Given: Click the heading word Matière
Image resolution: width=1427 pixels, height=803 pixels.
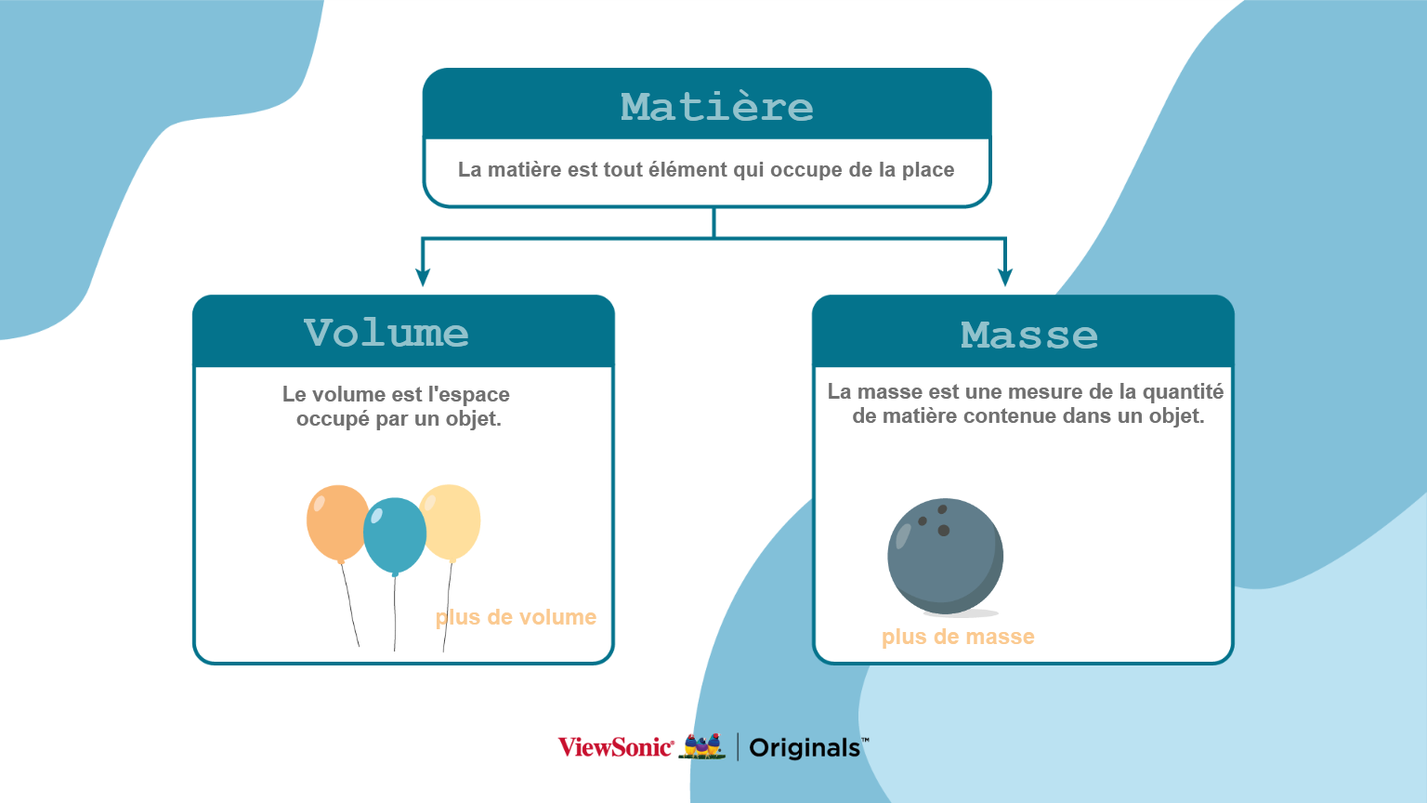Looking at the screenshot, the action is point(716,107).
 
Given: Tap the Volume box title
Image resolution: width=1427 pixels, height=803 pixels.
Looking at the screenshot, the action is point(386,333).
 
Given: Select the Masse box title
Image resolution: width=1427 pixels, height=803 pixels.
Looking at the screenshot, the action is point(1028,336).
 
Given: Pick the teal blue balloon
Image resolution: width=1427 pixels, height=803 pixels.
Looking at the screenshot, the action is point(394,536).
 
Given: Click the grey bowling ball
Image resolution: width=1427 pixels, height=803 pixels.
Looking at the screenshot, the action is point(946,557).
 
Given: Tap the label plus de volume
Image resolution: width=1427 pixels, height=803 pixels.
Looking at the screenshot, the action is point(516,617).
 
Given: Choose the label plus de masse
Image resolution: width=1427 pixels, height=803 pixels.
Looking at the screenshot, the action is point(958,637).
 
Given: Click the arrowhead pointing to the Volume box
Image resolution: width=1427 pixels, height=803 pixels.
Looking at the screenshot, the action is point(423,277).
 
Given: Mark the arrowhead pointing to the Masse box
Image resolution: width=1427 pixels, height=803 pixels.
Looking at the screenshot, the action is point(1005,277).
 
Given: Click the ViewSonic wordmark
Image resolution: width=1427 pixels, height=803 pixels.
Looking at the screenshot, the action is point(616,747).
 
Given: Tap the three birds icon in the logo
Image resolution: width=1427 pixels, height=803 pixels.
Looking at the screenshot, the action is point(702,745).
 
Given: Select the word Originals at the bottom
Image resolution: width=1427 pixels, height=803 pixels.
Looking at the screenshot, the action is point(805,747).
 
